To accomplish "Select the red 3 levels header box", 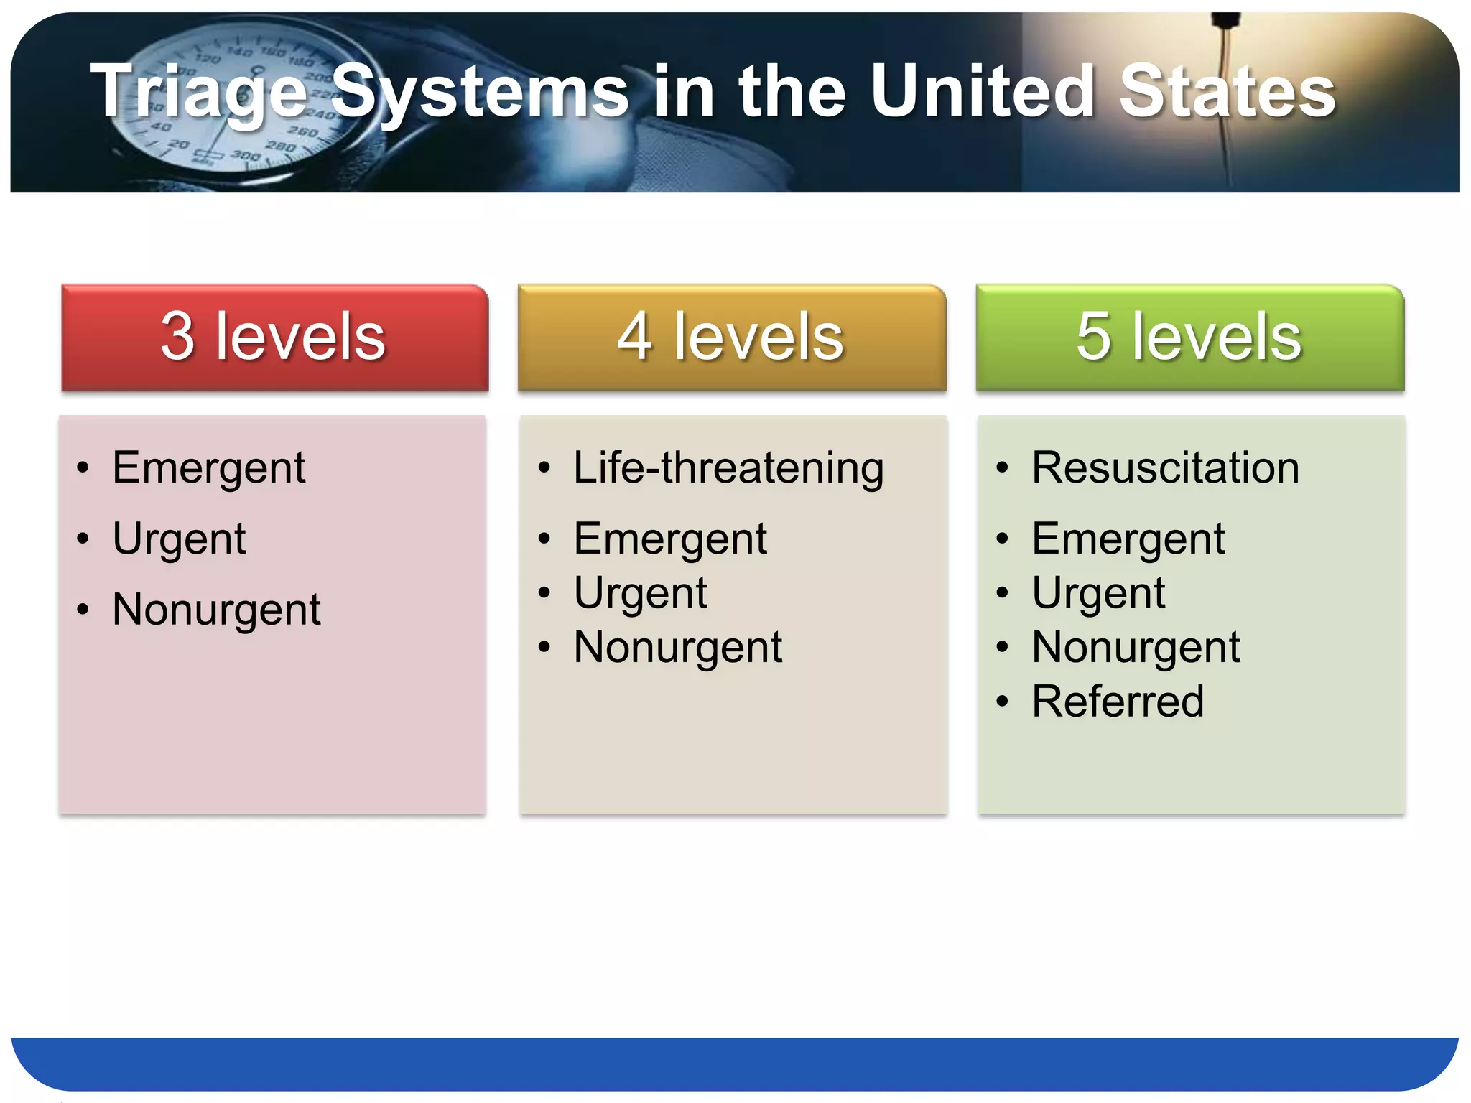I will pyautogui.click(x=274, y=337).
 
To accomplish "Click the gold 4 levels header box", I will pyautogui.click(x=731, y=337).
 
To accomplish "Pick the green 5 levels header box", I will pyautogui.click(x=1189, y=337).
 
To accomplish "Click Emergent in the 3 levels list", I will pyautogui.click(x=208, y=468).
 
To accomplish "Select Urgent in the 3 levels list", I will pyautogui.click(x=179, y=539).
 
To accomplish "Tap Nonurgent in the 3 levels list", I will pyautogui.click(x=216, y=610).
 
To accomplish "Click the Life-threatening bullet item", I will pyautogui.click(x=728, y=468).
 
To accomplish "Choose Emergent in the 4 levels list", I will pyautogui.click(x=669, y=539).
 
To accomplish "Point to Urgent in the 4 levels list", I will pyautogui.click(x=640, y=593).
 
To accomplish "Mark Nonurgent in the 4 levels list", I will pyautogui.click(x=677, y=647).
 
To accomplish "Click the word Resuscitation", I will pyautogui.click(x=1165, y=468).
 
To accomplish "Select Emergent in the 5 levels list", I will pyautogui.click(x=1128, y=539).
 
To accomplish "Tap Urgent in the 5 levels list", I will pyautogui.click(x=1098, y=593).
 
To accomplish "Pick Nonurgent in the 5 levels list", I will pyautogui.click(x=1136, y=647).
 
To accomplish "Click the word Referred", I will pyautogui.click(x=1118, y=702).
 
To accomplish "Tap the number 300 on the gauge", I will pyautogui.click(x=245, y=155).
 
